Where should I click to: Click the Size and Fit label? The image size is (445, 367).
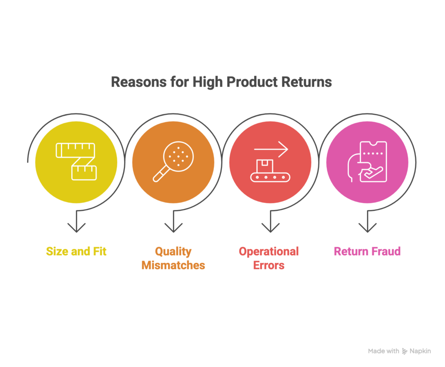(x=76, y=251)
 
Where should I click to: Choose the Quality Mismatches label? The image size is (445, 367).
(x=173, y=258)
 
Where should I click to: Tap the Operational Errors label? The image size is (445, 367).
(x=269, y=258)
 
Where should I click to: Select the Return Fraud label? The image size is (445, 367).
(x=367, y=251)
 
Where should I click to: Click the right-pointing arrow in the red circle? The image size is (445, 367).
(x=272, y=150)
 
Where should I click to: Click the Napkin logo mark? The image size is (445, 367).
(x=405, y=351)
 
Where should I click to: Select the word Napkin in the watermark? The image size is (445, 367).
(x=420, y=351)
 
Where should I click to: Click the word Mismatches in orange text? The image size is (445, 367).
(x=173, y=265)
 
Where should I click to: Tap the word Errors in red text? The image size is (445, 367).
(x=269, y=265)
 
